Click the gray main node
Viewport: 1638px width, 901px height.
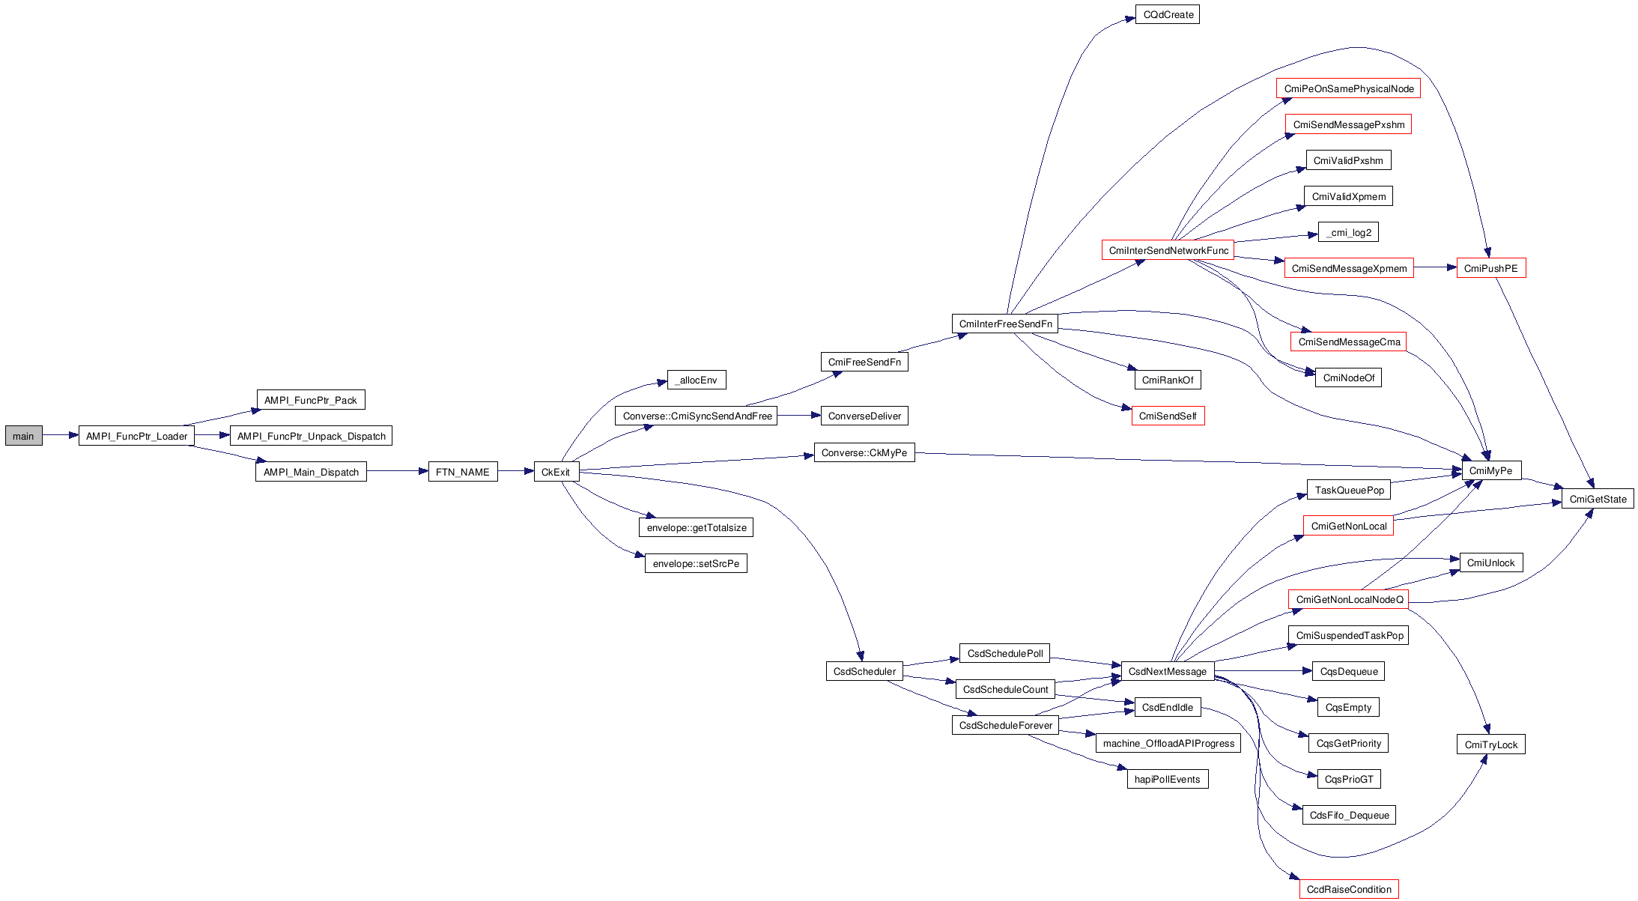coord(23,436)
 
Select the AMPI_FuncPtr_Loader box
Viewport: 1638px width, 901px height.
coord(136,436)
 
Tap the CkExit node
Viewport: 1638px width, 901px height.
coord(556,472)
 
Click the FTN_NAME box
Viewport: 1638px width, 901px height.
coord(462,472)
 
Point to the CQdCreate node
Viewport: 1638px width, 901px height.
coord(1167,14)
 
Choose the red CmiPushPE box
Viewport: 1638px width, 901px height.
coord(1490,268)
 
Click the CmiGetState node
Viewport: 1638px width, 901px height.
coord(1598,499)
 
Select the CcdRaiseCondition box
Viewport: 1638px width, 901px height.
coord(1349,889)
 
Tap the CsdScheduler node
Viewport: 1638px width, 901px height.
coord(864,671)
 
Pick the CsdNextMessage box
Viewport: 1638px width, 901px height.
coord(1167,671)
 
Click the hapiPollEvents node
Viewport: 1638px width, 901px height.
coord(1167,779)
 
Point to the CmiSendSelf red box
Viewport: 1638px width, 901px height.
coord(1168,416)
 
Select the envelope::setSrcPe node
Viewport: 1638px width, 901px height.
coord(696,563)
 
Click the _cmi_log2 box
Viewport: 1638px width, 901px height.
coord(1348,232)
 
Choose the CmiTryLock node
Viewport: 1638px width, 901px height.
coord(1490,744)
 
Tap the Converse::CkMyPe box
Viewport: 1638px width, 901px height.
coord(864,452)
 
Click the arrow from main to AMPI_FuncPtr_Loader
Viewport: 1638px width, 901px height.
coord(61,435)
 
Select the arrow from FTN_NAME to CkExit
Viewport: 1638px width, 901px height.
coord(515,471)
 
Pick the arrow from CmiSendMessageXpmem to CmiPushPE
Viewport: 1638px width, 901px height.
coord(1435,267)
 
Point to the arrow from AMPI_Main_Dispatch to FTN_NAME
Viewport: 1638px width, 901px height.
coord(397,471)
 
